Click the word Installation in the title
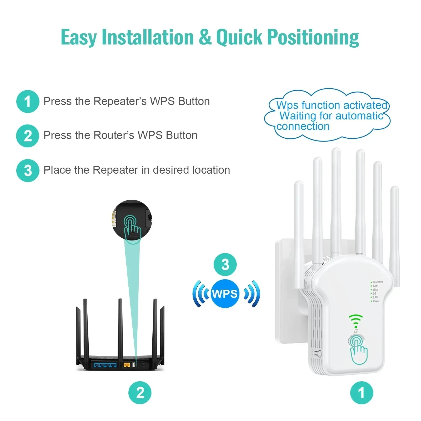(148, 37)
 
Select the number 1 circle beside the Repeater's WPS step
(28, 102)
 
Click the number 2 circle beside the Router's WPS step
(28, 136)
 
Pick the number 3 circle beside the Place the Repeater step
(28, 170)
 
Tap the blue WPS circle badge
(225, 294)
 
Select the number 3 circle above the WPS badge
(225, 264)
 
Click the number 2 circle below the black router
(140, 393)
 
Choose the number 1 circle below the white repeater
(362, 393)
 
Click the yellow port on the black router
(127, 365)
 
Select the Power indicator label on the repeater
(376, 301)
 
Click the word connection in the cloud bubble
(303, 127)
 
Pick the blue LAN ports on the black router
(105, 365)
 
